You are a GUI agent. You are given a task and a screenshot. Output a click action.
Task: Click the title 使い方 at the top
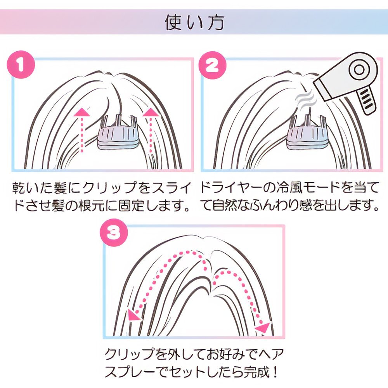194,23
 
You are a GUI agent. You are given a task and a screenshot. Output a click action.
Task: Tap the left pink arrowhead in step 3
134,314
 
